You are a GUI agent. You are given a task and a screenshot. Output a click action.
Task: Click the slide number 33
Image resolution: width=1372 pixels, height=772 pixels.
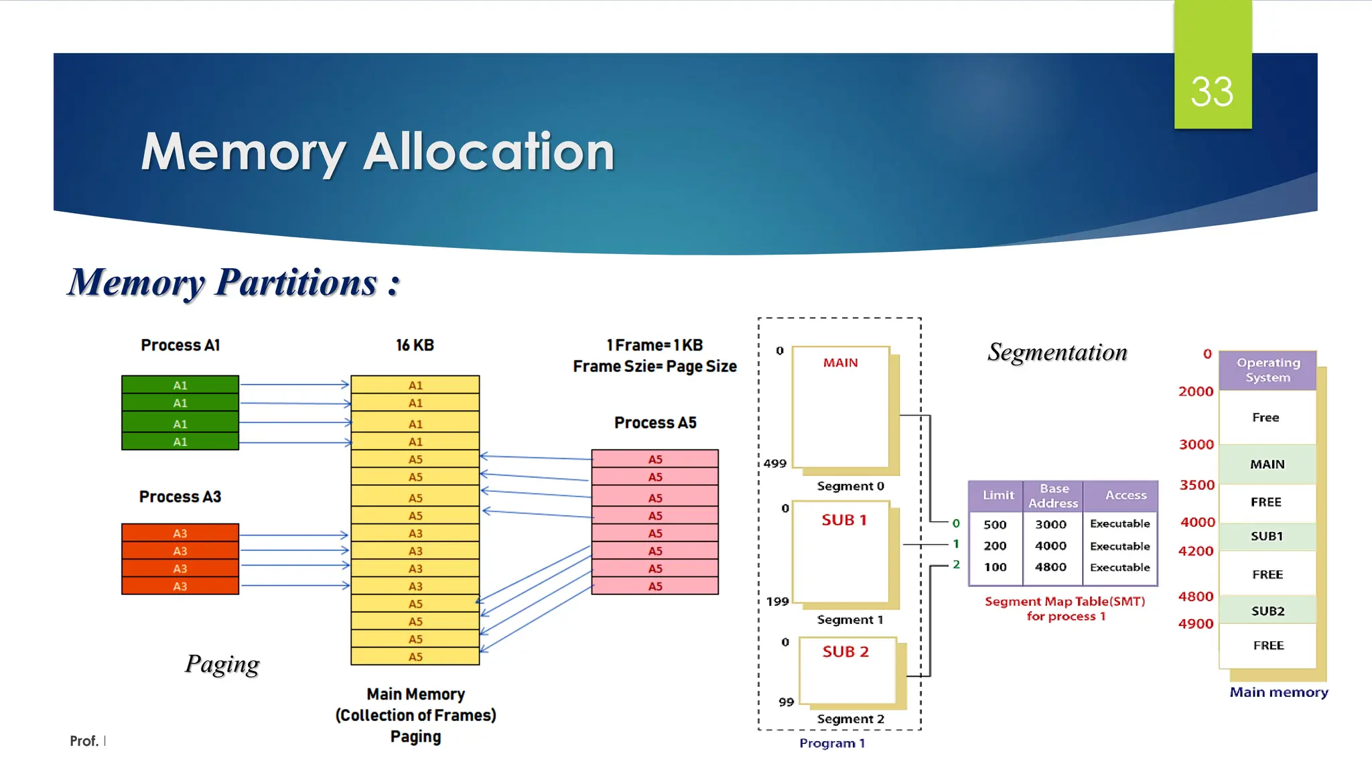(1212, 92)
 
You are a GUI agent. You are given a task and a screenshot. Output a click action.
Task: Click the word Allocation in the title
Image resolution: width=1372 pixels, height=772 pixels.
(488, 152)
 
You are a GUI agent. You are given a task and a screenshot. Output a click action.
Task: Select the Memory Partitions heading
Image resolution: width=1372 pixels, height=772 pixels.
(234, 282)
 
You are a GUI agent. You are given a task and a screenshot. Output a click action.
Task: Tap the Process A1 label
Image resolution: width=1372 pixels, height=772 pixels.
(180, 345)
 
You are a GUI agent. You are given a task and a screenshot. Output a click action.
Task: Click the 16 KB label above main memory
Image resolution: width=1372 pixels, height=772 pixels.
(415, 345)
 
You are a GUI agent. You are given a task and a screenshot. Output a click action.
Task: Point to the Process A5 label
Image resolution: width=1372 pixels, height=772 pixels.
(655, 423)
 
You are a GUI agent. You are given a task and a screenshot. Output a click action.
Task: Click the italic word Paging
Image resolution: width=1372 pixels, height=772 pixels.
(222, 663)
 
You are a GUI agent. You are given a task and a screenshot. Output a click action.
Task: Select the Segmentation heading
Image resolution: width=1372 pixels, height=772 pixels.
(1057, 352)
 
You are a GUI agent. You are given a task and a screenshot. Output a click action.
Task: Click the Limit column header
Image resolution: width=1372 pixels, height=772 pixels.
(998, 495)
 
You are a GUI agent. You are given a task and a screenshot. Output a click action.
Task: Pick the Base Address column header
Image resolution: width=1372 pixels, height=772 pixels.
(1053, 496)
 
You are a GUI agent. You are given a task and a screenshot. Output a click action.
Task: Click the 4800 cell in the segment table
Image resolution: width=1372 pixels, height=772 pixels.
(1050, 567)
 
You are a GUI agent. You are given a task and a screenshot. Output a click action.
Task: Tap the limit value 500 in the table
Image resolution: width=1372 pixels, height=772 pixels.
(995, 525)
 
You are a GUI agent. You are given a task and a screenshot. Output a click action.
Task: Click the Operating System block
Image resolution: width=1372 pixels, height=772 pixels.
(1267, 370)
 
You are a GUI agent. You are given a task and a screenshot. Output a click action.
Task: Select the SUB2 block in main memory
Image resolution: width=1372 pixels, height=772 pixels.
(1267, 610)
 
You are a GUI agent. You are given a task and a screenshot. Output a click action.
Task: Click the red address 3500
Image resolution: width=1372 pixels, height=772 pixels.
(1196, 485)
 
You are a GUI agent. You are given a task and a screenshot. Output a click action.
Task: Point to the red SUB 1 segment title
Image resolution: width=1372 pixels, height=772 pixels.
(844, 520)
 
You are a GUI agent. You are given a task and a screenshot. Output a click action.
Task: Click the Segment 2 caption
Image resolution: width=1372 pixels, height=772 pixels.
(850, 719)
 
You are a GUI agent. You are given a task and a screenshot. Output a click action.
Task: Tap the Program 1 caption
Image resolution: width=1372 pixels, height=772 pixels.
(832, 743)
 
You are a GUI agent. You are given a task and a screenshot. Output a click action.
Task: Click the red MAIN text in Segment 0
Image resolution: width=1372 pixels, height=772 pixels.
(840, 363)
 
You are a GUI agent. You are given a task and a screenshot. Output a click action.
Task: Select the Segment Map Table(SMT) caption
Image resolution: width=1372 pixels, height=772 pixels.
(1065, 602)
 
